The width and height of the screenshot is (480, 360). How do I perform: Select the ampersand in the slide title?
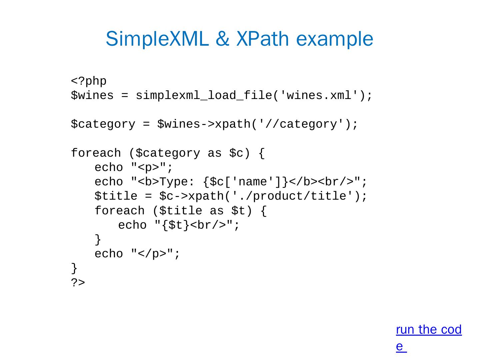pyautogui.click(x=222, y=39)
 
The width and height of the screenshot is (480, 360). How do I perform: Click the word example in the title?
pyautogui.click(x=334, y=39)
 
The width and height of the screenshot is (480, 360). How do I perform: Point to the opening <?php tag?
pyautogui.click(x=89, y=81)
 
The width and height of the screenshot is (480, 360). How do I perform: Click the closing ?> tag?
pyautogui.click(x=78, y=283)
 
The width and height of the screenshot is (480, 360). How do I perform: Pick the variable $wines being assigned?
pyautogui.click(x=92, y=96)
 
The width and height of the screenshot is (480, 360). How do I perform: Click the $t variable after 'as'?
pyautogui.click(x=238, y=211)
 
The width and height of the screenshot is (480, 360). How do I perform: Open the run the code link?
pyautogui.click(x=429, y=330)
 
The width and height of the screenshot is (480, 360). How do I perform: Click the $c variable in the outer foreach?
pyautogui.click(x=237, y=153)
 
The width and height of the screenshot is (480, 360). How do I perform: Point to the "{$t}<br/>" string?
pyautogui.click(x=193, y=225)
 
